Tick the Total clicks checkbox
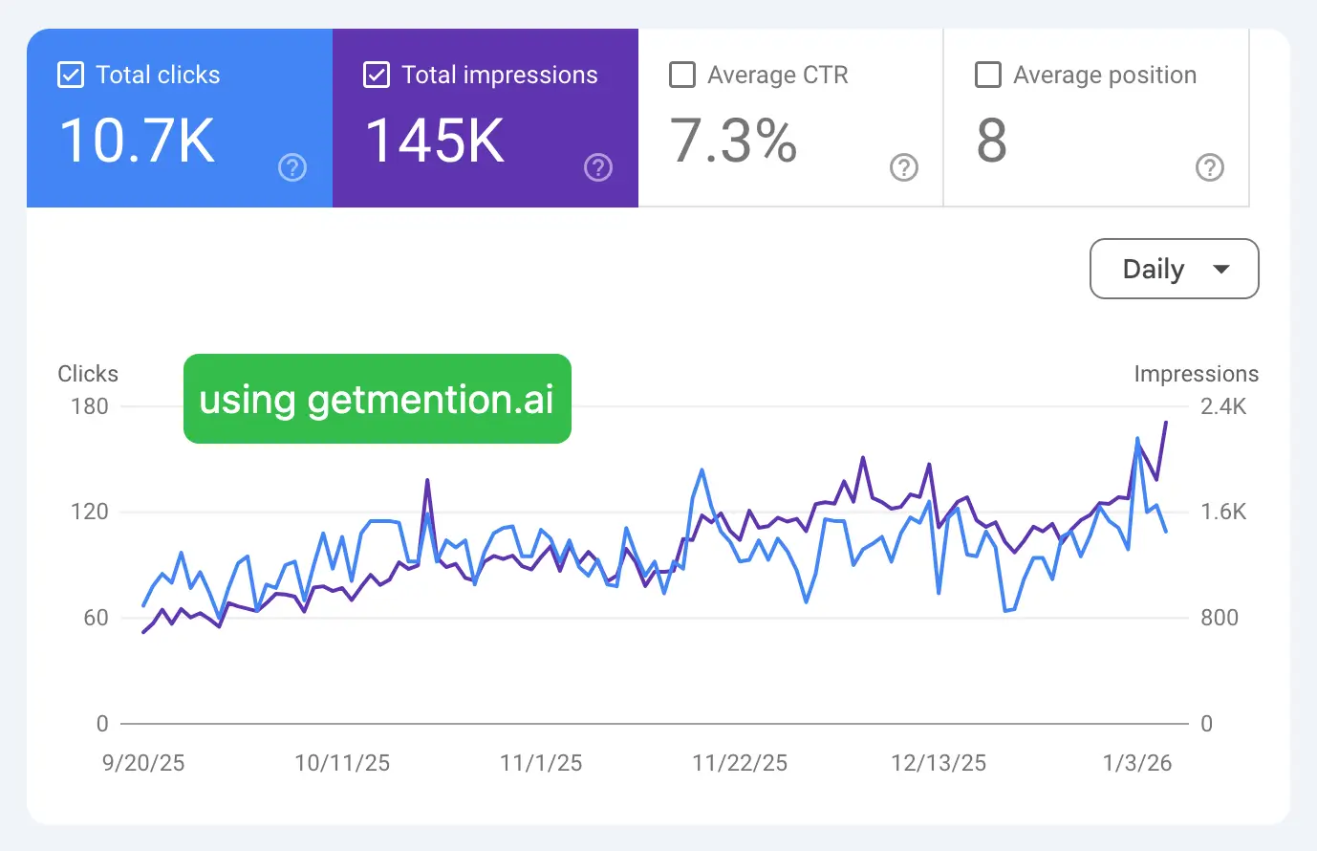(x=71, y=75)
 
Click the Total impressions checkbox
(x=377, y=75)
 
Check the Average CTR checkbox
(x=682, y=75)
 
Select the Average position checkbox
(x=987, y=75)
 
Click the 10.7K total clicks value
(x=137, y=141)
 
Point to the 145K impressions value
(x=435, y=141)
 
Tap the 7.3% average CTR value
(x=733, y=141)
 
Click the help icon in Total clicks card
(x=292, y=168)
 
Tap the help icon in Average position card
(x=1209, y=168)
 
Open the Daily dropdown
(x=1174, y=269)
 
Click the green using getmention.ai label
(x=377, y=399)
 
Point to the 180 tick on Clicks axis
(x=90, y=406)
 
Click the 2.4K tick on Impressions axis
(x=1223, y=406)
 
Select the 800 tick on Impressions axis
(x=1220, y=618)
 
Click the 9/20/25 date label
(x=143, y=763)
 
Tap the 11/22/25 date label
(x=740, y=763)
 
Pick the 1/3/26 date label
(x=1136, y=763)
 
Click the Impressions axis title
(x=1196, y=374)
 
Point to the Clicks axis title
(x=88, y=374)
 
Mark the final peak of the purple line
(x=1165, y=422)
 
